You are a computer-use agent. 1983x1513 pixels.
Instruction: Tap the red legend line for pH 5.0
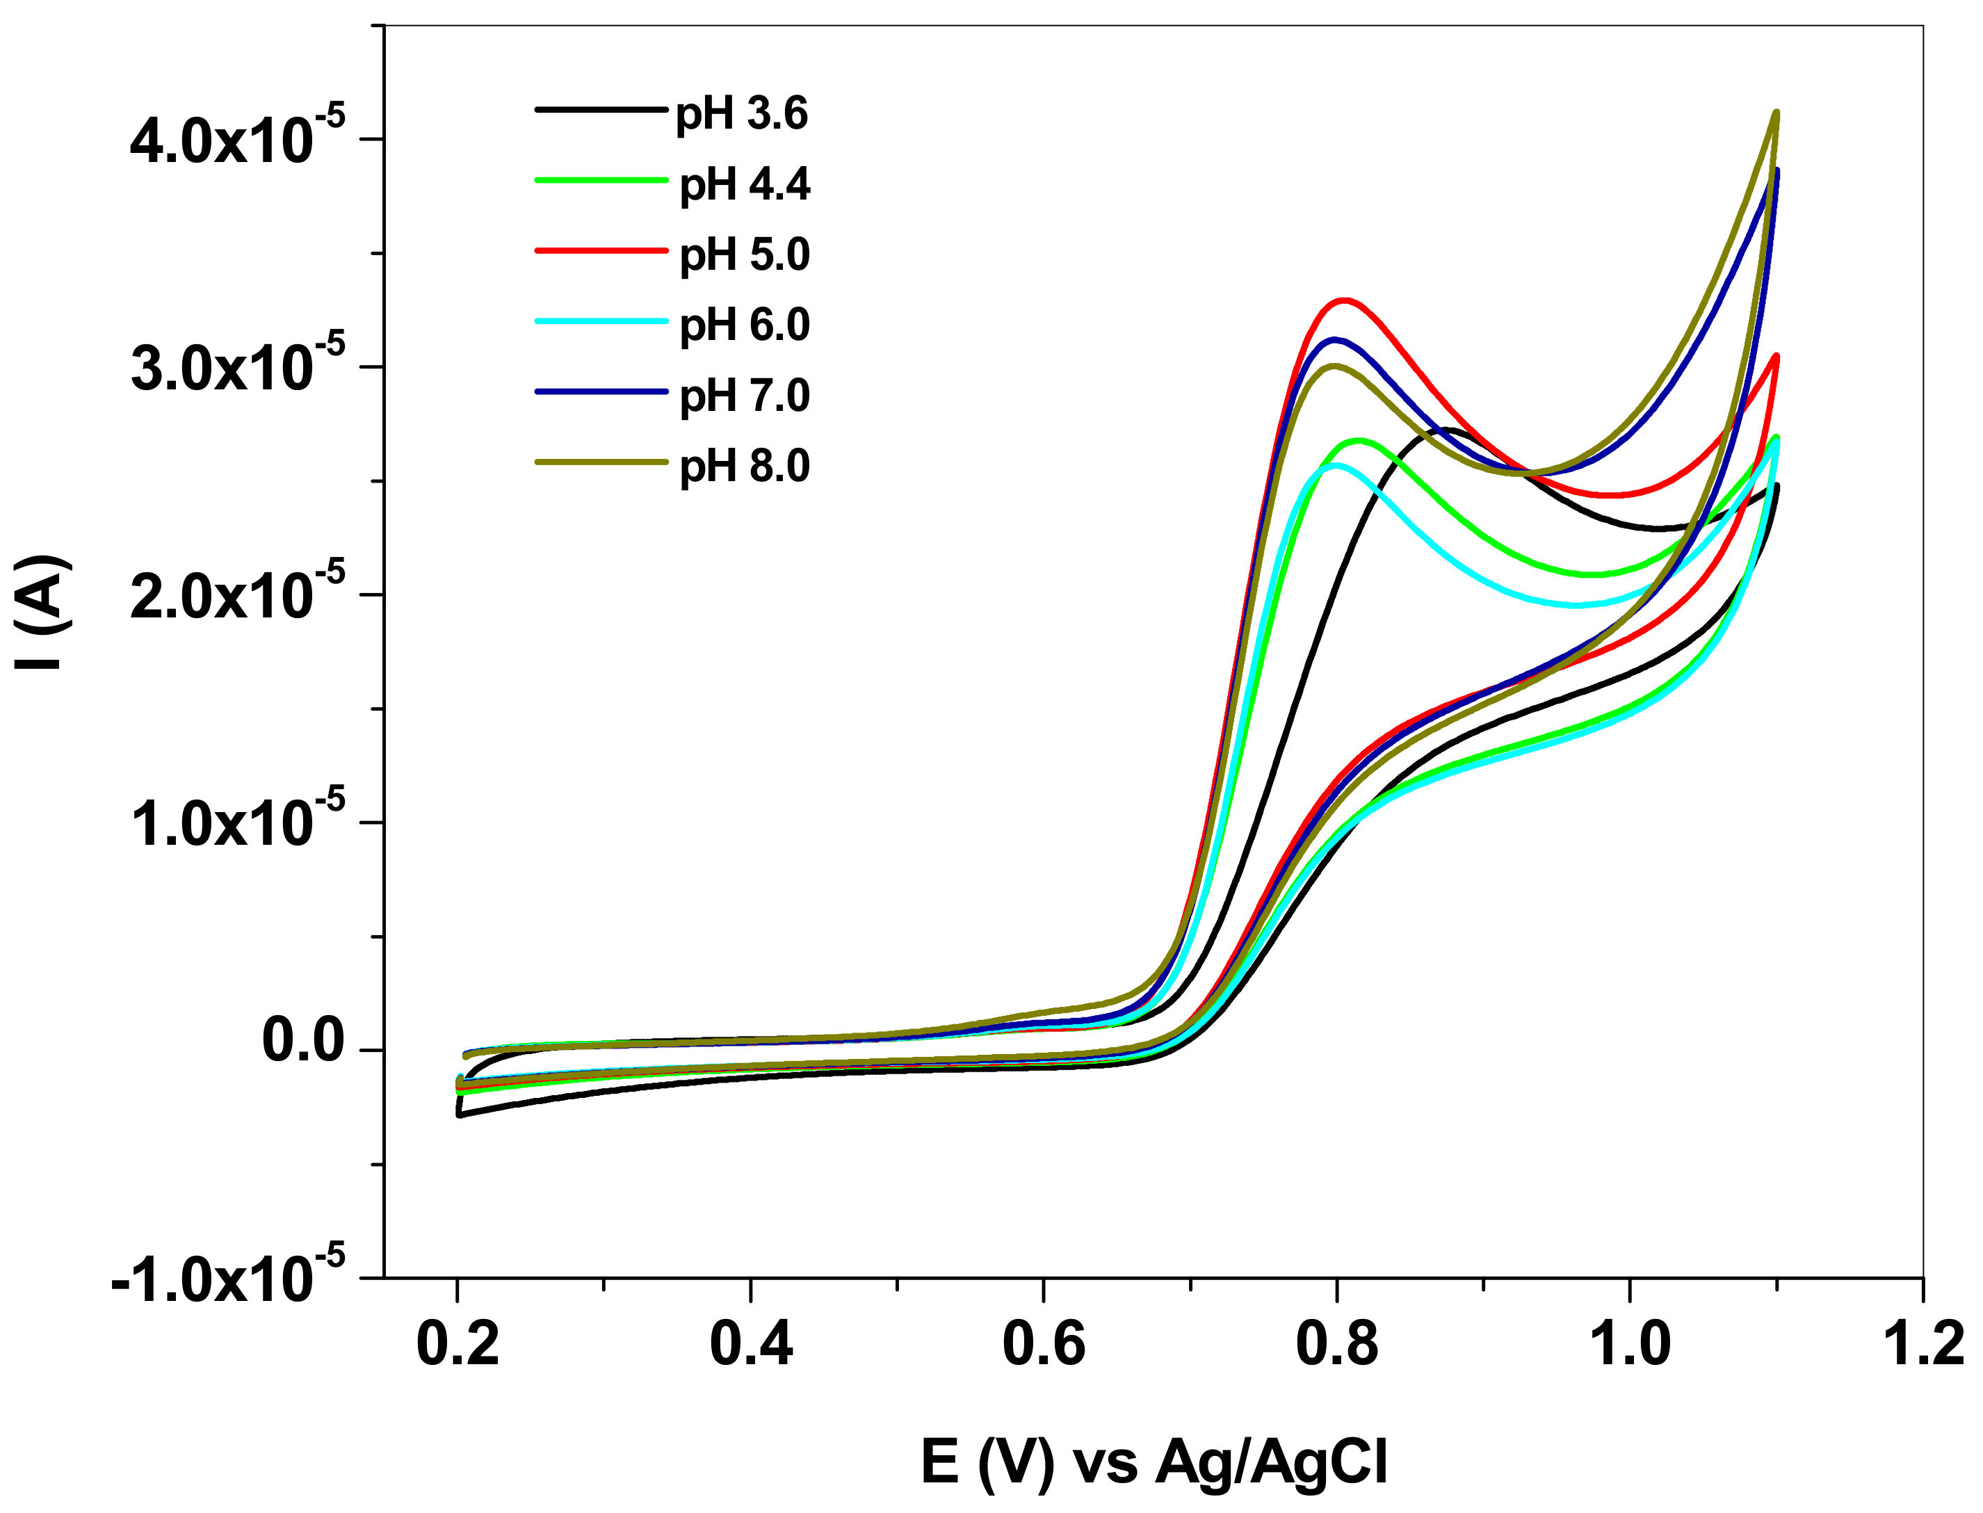click(x=601, y=250)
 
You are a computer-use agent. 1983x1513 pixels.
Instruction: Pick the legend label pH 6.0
click(x=745, y=325)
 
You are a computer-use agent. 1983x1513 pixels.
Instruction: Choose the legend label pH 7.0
click(x=745, y=396)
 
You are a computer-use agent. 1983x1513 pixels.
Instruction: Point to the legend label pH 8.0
click(x=745, y=467)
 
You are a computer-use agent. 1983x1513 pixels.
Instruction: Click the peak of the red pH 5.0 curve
click(x=1345, y=300)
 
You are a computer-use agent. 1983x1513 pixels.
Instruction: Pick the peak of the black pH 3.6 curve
click(x=1446, y=430)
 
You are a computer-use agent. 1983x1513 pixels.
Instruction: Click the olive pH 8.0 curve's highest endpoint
click(x=1776, y=113)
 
